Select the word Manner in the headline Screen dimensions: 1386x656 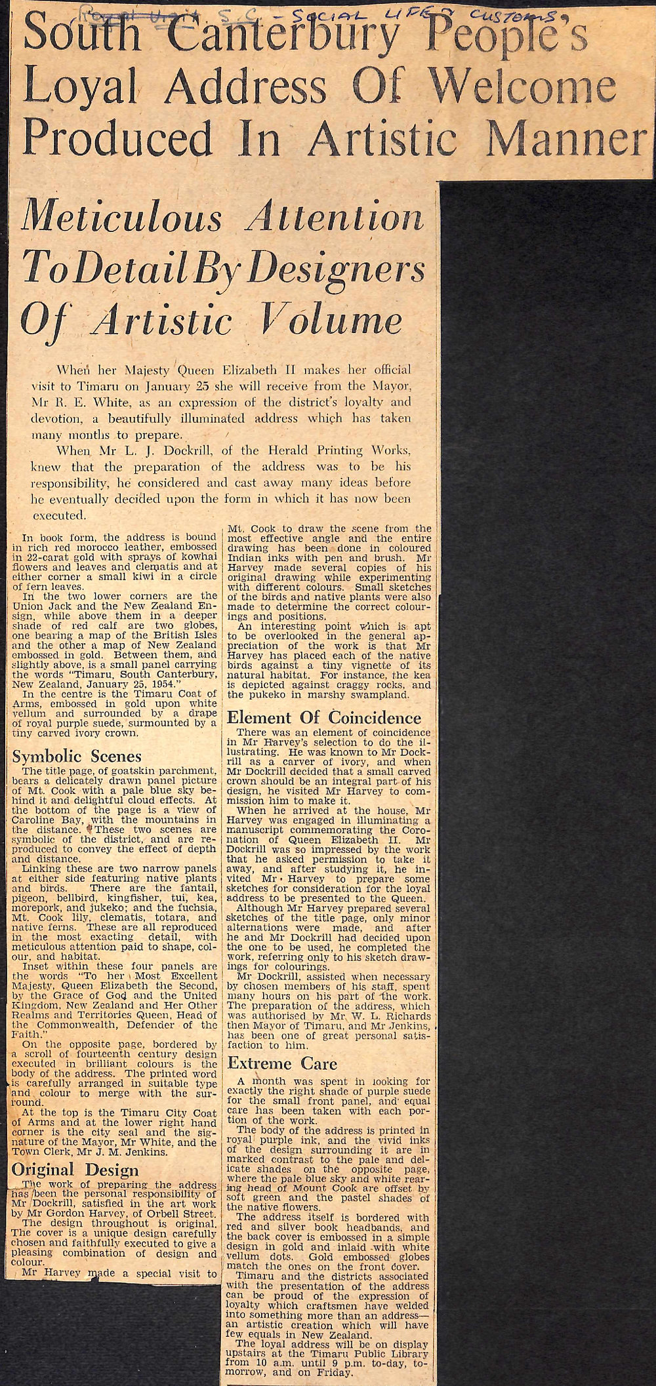(x=564, y=138)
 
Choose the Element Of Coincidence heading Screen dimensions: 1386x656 (x=323, y=718)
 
